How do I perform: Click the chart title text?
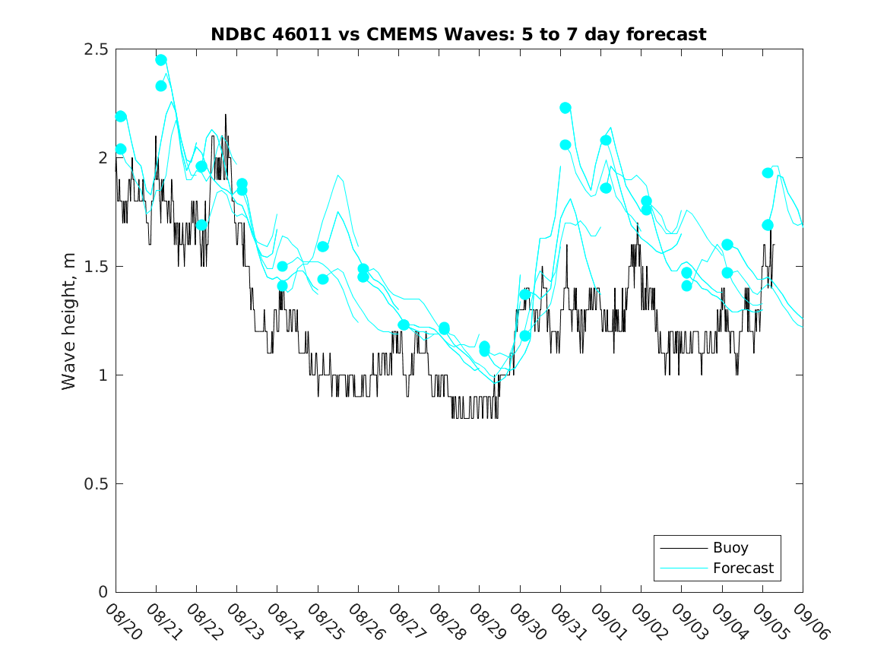(459, 34)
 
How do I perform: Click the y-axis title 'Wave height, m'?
(69, 321)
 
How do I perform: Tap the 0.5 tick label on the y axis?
(95, 484)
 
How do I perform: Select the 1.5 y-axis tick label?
(95, 267)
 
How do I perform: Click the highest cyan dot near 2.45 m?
(161, 60)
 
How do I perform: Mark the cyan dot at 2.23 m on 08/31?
(565, 108)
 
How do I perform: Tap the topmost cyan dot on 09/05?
(768, 173)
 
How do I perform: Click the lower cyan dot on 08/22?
(201, 225)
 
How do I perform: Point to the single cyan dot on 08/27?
(404, 325)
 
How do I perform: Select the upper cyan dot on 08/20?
(121, 116)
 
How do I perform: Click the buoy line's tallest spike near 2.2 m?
(226, 115)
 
